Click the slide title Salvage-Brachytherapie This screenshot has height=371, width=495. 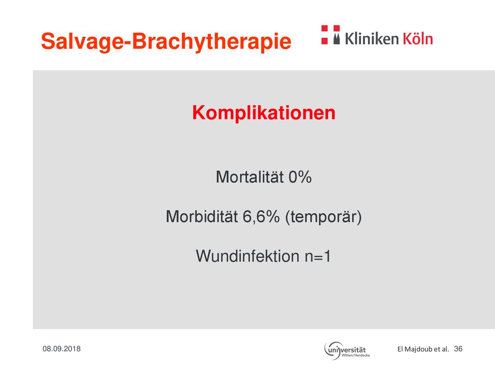pos(166,42)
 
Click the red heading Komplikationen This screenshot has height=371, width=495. pos(263,113)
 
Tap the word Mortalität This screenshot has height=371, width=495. pos(249,177)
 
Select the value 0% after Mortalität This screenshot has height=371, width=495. pos(300,177)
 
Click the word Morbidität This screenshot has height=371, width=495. pos(202,216)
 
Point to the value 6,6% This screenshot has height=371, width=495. pos(261,217)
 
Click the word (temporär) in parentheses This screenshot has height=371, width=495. pos(323,217)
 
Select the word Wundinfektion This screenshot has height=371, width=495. pos(247,256)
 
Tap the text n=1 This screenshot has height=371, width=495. pos(318,256)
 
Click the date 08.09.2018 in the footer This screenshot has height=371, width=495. pos(61,349)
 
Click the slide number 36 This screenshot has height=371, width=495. pos(458,349)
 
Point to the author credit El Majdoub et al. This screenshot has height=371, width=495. pos(423,349)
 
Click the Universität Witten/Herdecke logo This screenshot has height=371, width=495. pos(347,351)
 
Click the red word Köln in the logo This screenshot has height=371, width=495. pos(418,38)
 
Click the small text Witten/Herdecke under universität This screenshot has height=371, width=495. pos(356,355)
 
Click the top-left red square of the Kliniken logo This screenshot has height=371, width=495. pos(324,29)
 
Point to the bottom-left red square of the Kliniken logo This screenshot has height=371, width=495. pos(324,41)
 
